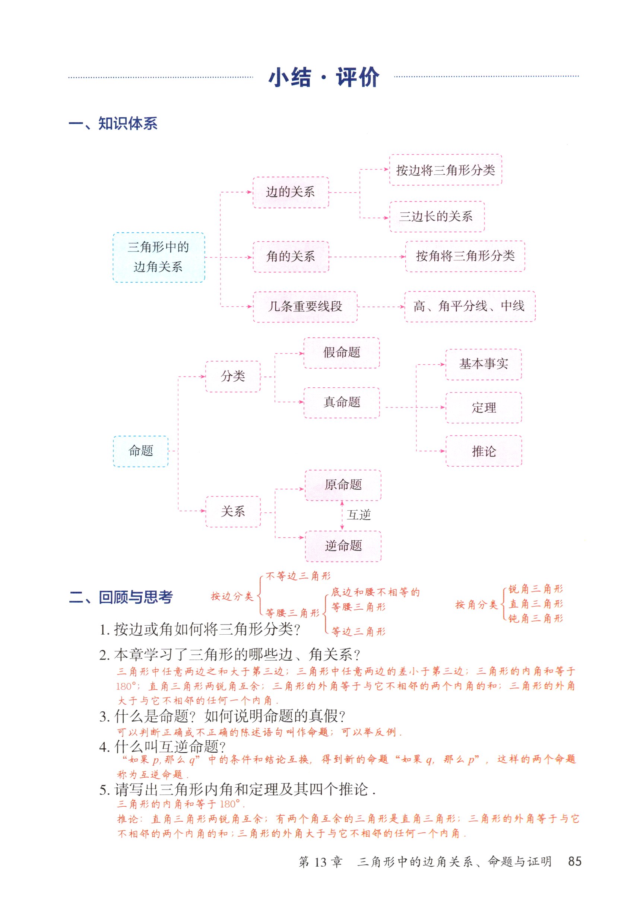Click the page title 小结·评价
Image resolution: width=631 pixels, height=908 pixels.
coord(323,77)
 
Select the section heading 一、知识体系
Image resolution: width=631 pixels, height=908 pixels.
coord(113,124)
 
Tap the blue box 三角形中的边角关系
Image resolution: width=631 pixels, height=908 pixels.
coord(159,257)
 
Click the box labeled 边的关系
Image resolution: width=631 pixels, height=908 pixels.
coord(291,192)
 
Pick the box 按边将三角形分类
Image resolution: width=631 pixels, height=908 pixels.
coord(445,170)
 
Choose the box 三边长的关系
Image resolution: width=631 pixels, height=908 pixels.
coord(437,216)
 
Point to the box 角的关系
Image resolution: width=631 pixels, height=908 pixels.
coord(291,257)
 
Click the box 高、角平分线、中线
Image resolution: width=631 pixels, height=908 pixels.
coord(469,306)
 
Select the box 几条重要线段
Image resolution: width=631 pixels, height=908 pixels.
coord(305,307)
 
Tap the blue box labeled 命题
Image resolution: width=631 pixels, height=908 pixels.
coord(141,451)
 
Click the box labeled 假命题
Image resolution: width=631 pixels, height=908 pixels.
coord(342,352)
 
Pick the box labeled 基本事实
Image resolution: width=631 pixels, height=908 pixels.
coord(483,364)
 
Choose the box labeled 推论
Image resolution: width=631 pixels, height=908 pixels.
coord(483,451)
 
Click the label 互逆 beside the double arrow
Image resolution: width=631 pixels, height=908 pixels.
coord(359,515)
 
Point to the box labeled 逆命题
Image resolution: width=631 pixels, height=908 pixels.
coord(343,546)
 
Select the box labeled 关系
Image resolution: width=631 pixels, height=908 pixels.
coord(233,511)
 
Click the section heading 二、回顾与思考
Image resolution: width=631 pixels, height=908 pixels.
coord(121,597)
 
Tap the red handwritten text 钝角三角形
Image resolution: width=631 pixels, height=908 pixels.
coord(535,619)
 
